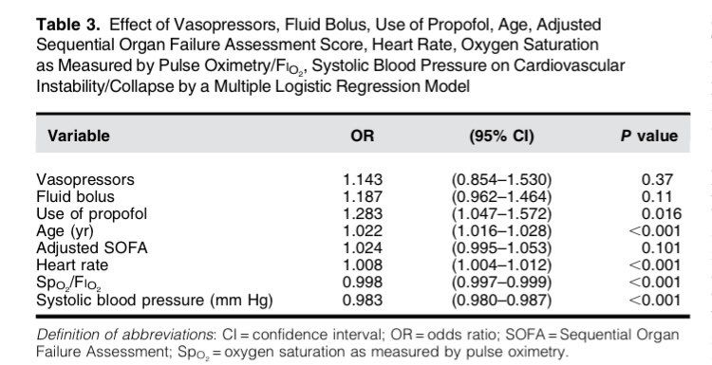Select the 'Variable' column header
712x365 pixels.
(x=72, y=136)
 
